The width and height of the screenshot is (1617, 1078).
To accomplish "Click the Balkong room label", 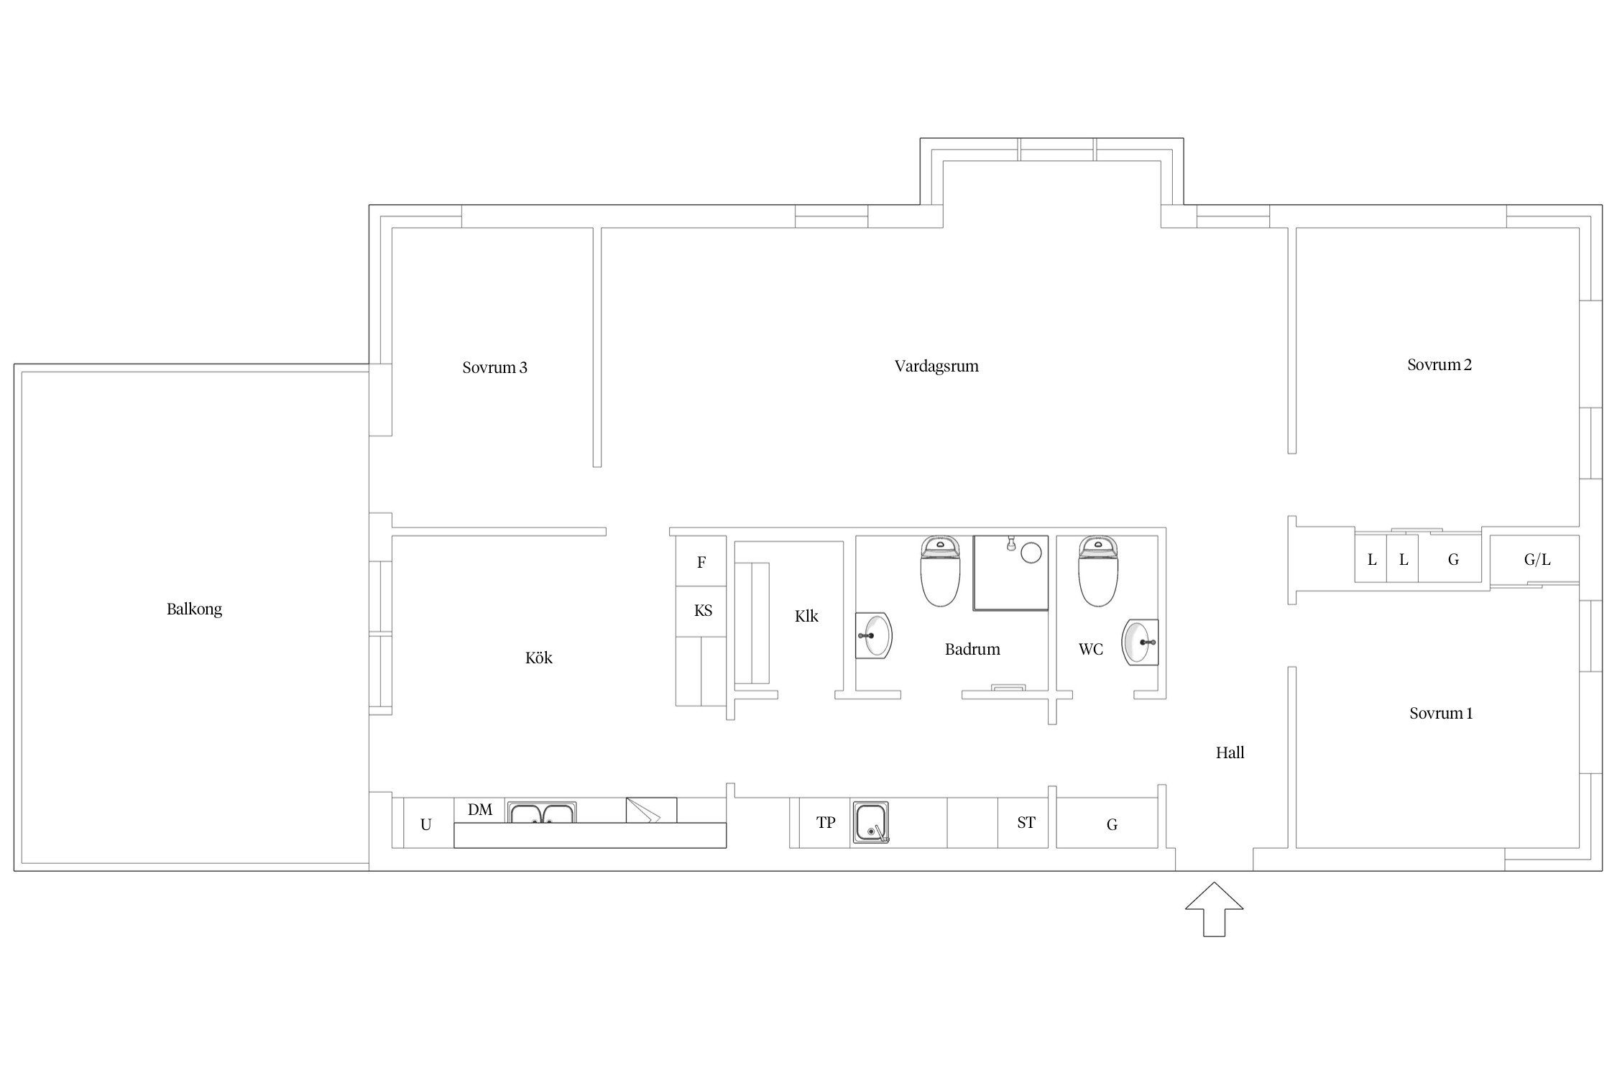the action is click(194, 609).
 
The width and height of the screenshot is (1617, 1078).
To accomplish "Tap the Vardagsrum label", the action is click(936, 367).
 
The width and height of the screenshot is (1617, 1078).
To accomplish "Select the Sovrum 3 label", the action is click(494, 368).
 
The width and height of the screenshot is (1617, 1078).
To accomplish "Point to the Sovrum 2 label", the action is click(1439, 365).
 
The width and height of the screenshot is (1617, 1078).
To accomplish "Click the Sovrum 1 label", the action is click(1440, 714).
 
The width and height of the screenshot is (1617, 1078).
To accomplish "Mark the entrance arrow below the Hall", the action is click(1214, 909).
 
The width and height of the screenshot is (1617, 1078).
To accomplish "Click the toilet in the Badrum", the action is click(941, 571).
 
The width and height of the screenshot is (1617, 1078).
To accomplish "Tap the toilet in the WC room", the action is click(1098, 571).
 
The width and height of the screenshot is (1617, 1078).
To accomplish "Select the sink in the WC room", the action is click(1141, 642).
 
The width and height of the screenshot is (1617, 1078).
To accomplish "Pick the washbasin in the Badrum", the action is click(874, 635).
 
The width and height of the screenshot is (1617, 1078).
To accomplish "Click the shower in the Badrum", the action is click(1010, 573).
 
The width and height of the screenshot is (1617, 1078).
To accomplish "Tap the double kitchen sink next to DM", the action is click(541, 813).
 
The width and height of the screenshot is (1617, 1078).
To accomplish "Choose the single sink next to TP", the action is click(871, 822).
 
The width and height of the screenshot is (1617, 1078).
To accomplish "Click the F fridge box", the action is click(701, 562).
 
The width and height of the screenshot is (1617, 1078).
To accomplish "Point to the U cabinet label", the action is click(425, 825).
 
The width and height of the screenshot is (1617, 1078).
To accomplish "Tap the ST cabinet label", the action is click(1026, 823).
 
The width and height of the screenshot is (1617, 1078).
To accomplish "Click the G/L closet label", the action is click(1537, 560).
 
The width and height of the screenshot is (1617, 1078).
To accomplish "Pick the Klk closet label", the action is click(806, 617).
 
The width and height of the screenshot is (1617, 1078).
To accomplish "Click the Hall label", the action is click(1230, 753).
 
